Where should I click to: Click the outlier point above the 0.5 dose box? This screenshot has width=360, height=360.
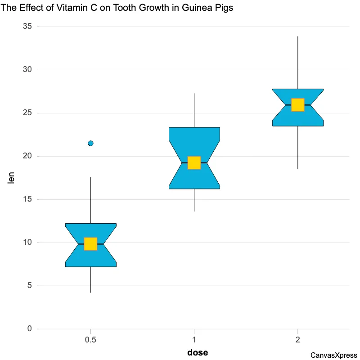coord(90,143)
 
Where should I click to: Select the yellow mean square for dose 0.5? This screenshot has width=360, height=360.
coord(90,243)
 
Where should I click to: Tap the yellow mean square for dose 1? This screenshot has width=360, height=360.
coord(194,162)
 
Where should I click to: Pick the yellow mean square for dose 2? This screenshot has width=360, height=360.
coord(298,104)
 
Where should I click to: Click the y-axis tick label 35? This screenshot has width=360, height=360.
coord(27,27)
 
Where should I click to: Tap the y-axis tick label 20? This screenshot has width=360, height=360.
coord(27,156)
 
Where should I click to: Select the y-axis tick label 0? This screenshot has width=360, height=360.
coord(30,329)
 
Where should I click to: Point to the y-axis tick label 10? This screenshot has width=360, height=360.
coord(27,243)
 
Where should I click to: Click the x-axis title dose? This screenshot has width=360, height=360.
coord(198,352)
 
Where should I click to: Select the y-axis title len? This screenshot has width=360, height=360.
coord(12,178)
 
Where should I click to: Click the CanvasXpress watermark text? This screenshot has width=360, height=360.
coord(333,355)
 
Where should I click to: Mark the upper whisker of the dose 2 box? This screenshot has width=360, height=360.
coord(298,63)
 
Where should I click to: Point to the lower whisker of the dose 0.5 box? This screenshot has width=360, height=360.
coord(90,280)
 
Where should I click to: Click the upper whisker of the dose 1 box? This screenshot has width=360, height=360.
coord(194,110)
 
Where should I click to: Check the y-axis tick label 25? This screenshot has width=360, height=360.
coord(27,113)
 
